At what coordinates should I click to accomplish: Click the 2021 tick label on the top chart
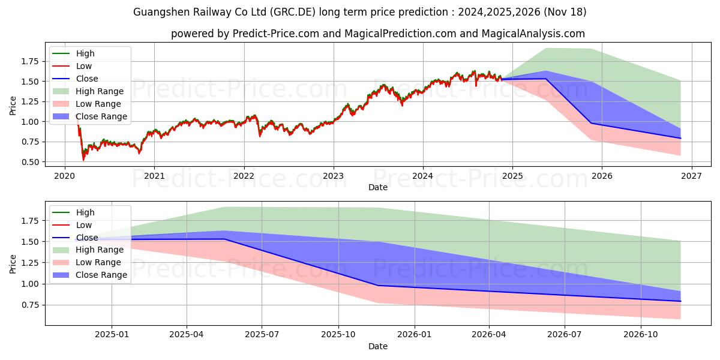point(154,175)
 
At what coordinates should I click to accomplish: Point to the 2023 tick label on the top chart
point(333,175)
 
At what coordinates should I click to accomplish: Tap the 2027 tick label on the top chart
point(691,175)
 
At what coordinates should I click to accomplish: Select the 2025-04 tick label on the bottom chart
point(187,334)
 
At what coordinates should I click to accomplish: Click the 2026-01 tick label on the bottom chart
point(414,334)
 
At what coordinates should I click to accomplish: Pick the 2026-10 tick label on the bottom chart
point(641,334)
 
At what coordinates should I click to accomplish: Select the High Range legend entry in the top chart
point(100,91)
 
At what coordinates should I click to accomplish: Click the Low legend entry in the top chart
point(84,66)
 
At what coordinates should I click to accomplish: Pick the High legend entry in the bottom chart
point(85,212)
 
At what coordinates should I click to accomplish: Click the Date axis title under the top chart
point(378,187)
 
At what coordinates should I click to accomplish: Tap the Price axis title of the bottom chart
point(13,264)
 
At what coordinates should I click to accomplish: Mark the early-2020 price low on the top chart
point(83,160)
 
